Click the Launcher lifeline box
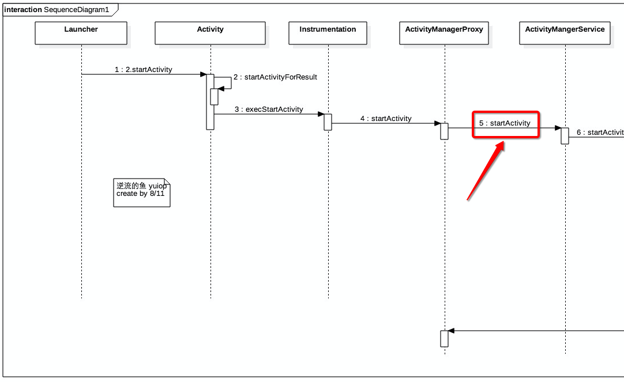81,33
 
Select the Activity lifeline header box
210,33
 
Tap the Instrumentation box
328,33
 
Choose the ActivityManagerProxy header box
444,33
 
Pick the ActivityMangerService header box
565,33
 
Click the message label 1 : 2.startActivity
143,70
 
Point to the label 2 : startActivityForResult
275,77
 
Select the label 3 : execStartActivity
269,109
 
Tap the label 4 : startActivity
386,119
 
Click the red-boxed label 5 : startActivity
505,123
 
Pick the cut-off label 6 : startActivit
600,133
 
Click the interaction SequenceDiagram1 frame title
57,10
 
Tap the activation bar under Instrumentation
328,122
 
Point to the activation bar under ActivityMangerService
565,135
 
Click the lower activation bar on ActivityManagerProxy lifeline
444,339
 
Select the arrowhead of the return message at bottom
452,331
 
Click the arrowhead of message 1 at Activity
203,74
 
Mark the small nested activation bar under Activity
214,96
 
